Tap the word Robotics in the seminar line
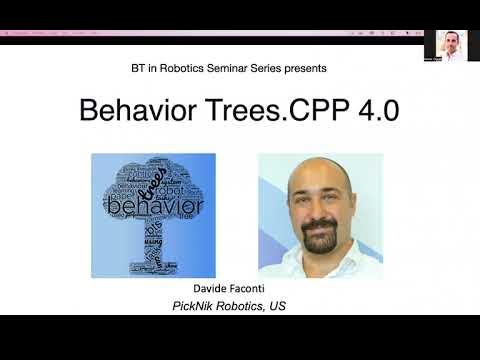(x=172, y=68)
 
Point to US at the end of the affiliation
(x=277, y=305)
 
